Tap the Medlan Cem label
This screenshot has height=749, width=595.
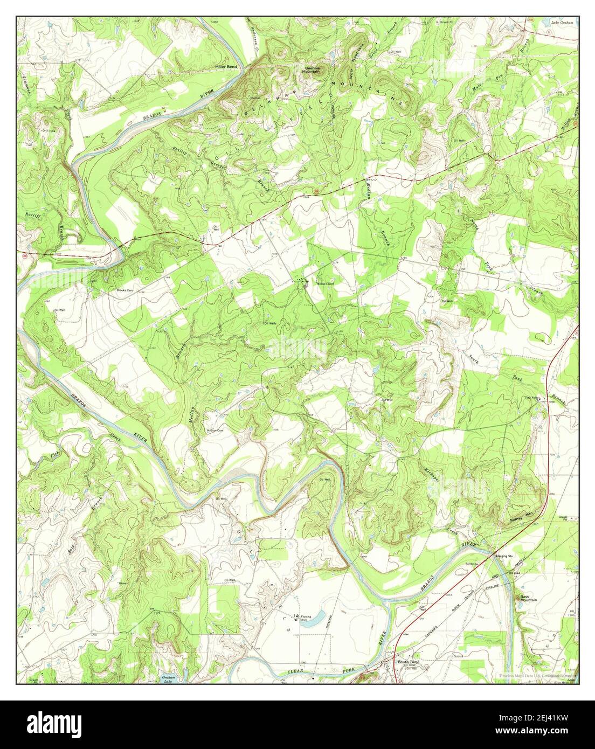pos(215,430)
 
